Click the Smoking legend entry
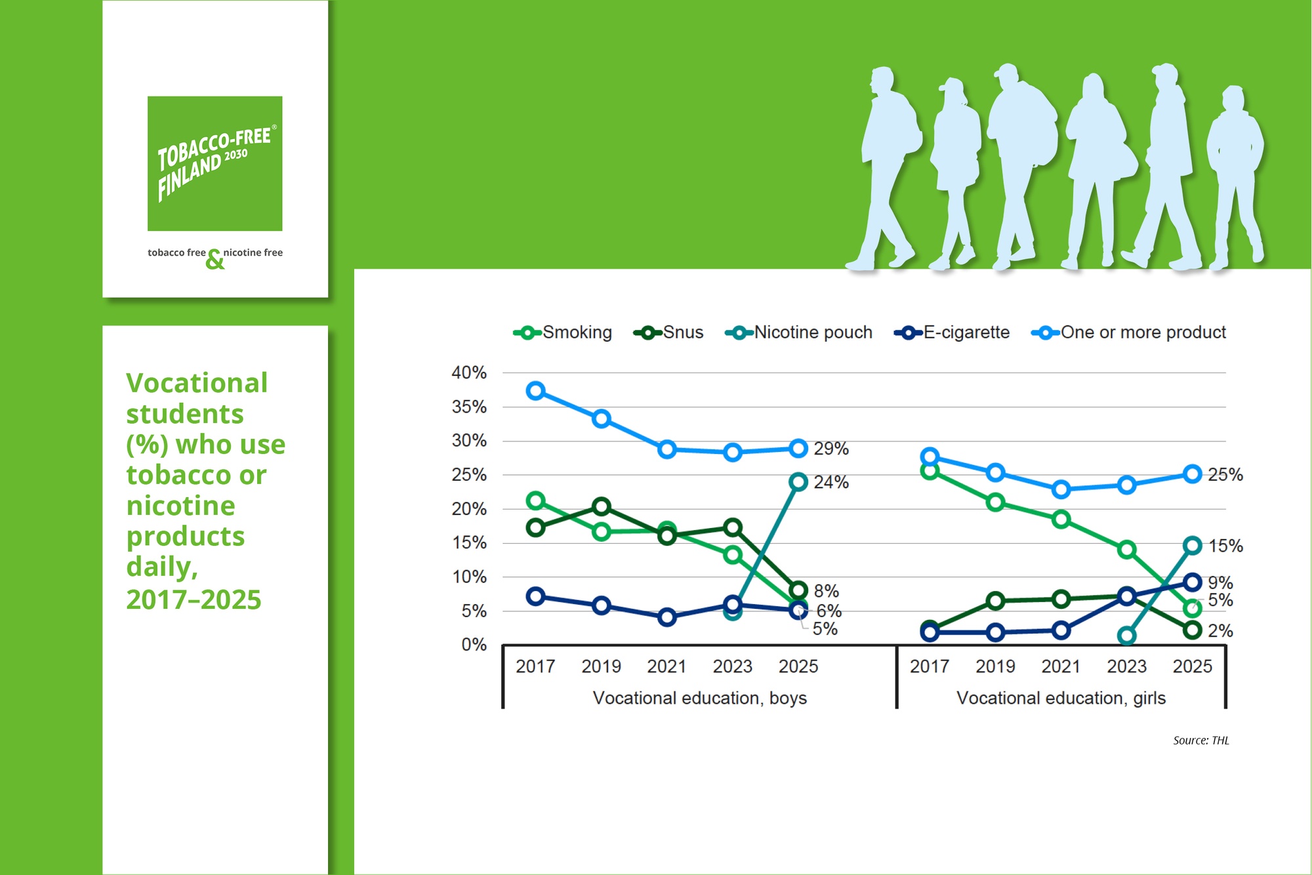[563, 333]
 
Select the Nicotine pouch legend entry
[798, 333]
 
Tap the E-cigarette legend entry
[952, 333]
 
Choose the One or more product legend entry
[1128, 333]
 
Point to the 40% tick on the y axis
[469, 373]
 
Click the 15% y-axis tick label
[469, 543]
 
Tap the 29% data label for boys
[831, 449]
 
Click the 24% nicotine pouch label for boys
[831, 482]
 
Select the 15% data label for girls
[1225, 546]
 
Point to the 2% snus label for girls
[1220, 631]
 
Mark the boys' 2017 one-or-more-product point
[535, 391]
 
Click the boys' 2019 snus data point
[602, 506]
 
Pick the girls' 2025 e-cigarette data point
[1193, 582]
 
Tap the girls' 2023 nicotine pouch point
[1127, 636]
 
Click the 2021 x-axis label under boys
[666, 666]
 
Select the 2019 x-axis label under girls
[995, 666]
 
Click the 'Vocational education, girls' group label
[1061, 698]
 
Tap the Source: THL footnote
[1201, 741]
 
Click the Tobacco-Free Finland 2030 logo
[215, 163]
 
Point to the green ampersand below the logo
[215, 260]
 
